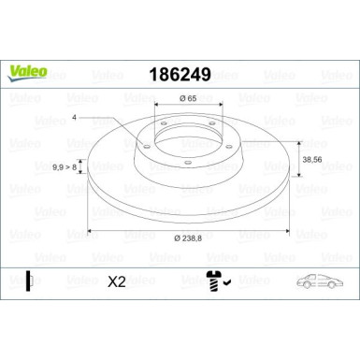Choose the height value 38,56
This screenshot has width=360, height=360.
click(x=316, y=160)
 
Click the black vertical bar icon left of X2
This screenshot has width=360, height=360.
click(x=29, y=280)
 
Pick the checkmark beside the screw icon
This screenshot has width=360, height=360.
click(x=227, y=279)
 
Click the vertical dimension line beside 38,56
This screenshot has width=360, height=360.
click(x=297, y=160)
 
